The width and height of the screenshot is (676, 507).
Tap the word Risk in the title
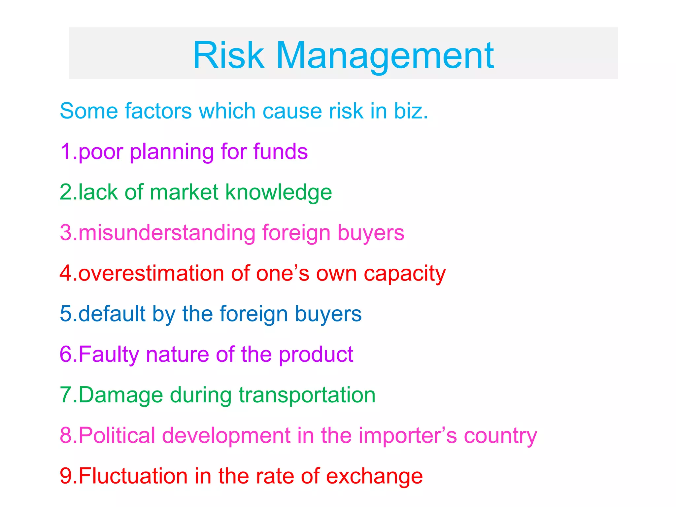pos(229,55)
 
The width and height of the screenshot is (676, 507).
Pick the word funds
pos(280,152)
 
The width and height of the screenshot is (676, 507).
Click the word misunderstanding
pos(167,233)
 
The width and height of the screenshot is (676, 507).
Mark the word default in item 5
pos(112,314)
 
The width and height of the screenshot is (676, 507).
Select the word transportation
pos(307,395)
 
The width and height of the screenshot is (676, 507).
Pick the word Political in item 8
pos(117,435)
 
